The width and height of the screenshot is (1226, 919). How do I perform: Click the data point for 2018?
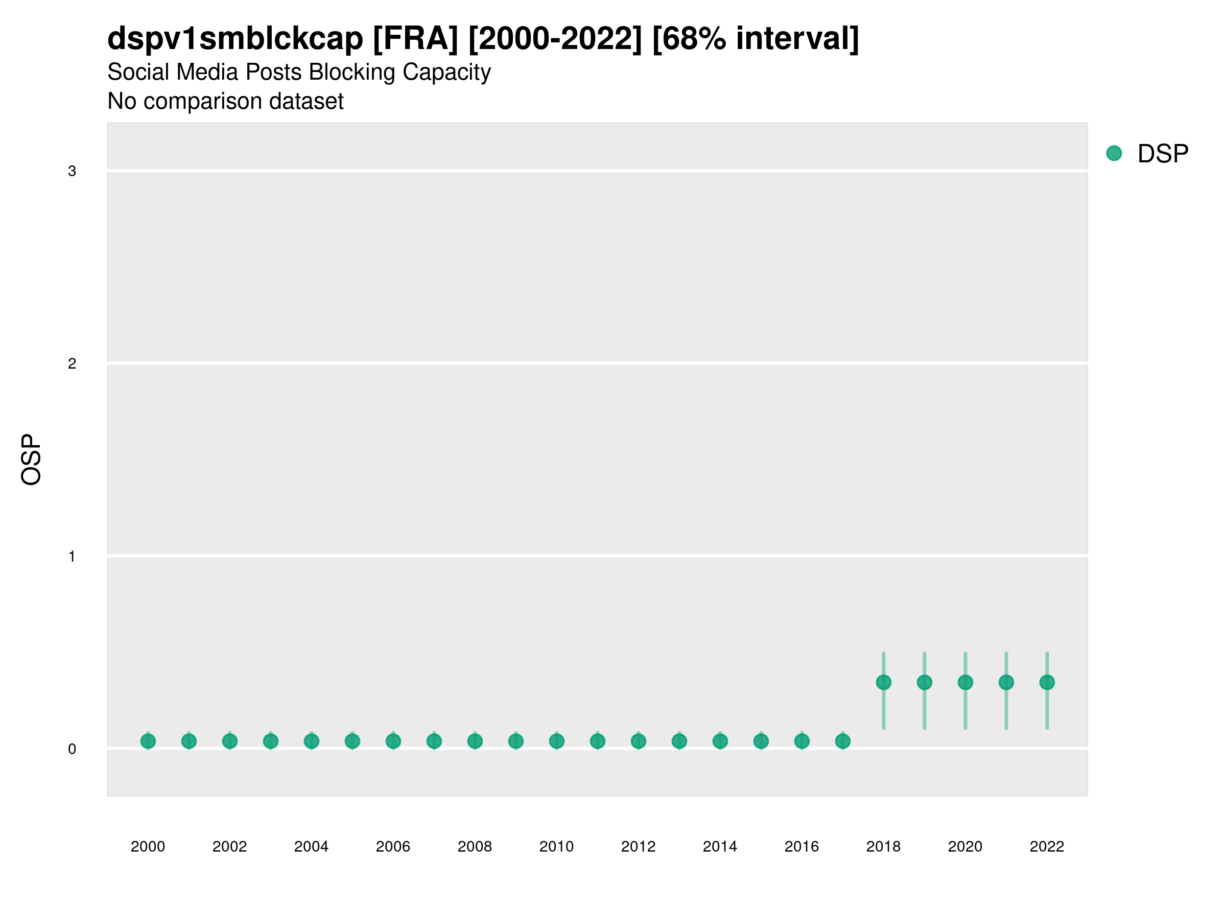coord(883,683)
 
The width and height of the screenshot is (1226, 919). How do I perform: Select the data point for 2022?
coord(1047,683)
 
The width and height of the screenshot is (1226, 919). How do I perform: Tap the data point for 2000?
coord(148,741)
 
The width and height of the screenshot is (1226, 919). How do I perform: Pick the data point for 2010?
coord(556,741)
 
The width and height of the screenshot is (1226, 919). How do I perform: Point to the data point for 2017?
coord(842,741)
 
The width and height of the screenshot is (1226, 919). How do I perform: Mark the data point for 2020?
coord(965,683)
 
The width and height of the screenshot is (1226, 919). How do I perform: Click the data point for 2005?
coord(352,741)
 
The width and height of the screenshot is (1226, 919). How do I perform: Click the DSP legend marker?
coord(1114,154)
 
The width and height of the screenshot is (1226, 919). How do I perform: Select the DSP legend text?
coord(1163,154)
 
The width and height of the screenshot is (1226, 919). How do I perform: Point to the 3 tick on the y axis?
coord(72,171)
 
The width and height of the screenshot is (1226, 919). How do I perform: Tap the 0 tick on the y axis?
coord(72,749)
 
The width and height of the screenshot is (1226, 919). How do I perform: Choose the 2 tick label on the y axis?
coord(72,364)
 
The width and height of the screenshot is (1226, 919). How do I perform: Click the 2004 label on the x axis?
coord(312,847)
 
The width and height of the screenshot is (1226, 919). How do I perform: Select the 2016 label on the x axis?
coord(801,847)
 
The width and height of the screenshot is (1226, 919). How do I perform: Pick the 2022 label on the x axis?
coord(1047,847)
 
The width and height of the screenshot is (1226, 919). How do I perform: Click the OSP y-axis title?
coord(32,460)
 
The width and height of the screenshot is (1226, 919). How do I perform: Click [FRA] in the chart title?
coord(416,39)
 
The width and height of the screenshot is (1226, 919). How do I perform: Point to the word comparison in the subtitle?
coord(217,102)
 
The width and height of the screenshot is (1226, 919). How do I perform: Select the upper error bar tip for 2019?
coord(925,654)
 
